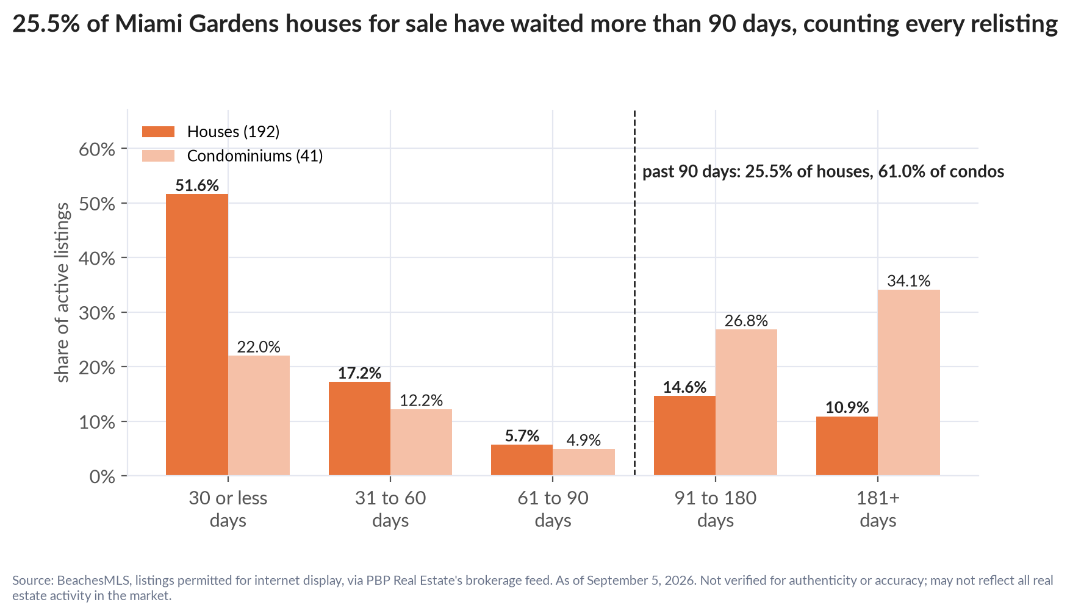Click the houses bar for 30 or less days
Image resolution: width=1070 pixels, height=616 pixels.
(x=197, y=335)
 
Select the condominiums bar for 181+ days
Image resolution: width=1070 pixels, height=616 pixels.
(x=909, y=382)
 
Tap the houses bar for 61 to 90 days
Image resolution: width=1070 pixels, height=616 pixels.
(x=522, y=460)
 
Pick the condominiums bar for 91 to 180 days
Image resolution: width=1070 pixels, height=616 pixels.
(x=746, y=403)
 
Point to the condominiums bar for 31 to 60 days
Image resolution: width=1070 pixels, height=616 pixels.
(x=421, y=442)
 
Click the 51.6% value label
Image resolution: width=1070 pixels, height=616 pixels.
(x=197, y=185)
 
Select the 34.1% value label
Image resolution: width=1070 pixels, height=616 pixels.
(x=909, y=281)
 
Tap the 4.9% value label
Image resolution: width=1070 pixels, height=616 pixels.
(x=584, y=440)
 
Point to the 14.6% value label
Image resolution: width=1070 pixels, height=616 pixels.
(x=684, y=387)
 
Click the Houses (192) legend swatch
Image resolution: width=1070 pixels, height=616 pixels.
(x=158, y=132)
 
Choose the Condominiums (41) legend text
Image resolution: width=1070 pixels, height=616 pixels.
(x=255, y=156)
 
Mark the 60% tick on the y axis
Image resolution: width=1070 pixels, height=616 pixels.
(x=124, y=149)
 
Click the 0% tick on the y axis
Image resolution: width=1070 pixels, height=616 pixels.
(x=124, y=476)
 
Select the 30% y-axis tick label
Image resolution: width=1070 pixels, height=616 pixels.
(x=97, y=313)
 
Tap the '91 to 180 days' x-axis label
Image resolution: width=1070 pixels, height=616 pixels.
(x=716, y=509)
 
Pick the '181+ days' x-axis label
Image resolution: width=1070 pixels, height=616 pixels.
(x=878, y=509)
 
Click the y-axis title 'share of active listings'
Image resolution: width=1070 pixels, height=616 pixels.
(x=62, y=293)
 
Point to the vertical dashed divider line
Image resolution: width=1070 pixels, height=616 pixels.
(x=634, y=293)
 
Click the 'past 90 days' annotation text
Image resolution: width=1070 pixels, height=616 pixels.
(x=824, y=171)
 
